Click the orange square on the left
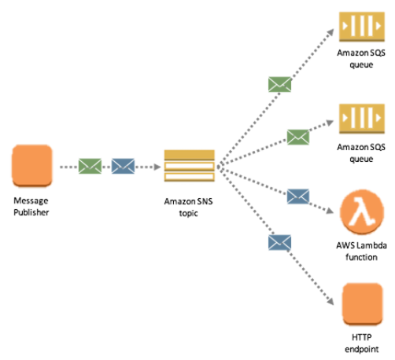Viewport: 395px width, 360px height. point(32,165)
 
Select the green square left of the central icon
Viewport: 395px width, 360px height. point(90,166)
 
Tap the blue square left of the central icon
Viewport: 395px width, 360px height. point(123,166)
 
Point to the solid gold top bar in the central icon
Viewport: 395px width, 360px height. point(188,155)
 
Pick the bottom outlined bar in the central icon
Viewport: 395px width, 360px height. point(188,177)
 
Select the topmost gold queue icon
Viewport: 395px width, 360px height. point(361,26)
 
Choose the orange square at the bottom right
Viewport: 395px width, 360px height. point(363,303)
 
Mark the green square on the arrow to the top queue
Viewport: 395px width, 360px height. point(279,84)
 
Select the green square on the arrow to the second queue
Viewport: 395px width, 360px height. point(297,136)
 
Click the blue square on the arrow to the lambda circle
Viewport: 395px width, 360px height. point(297,196)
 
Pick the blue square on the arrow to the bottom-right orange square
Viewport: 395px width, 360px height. point(279,241)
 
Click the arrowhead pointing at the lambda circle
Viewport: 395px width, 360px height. point(330,210)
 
